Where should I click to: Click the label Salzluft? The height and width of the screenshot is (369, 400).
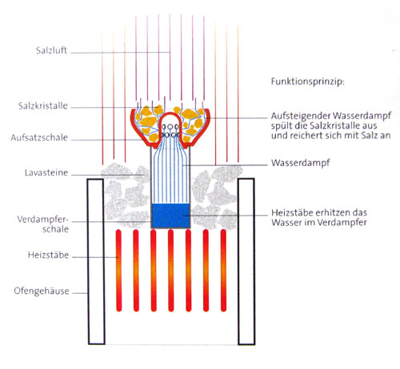pyautogui.click(x=51, y=50)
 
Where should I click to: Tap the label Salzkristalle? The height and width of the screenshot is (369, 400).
pyautogui.click(x=43, y=105)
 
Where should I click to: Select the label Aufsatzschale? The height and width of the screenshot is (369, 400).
pyautogui.click(x=39, y=137)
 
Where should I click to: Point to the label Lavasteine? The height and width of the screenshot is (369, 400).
pyautogui.click(x=46, y=173)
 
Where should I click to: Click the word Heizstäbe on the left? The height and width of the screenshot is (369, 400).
pyautogui.click(x=48, y=255)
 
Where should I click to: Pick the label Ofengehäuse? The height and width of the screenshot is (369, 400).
pyautogui.click(x=42, y=291)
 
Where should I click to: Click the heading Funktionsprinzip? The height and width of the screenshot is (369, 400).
pyautogui.click(x=308, y=81)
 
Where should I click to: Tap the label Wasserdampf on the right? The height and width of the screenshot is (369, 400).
pyautogui.click(x=301, y=163)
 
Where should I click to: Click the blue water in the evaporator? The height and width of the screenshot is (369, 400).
pyautogui.click(x=170, y=216)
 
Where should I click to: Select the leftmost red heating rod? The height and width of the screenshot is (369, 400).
pyautogui.click(x=118, y=271)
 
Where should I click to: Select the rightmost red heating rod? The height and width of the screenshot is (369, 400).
pyautogui.click(x=223, y=271)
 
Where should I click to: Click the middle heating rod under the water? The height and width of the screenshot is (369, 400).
pyautogui.click(x=171, y=271)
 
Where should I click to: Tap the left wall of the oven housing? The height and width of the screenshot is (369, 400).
pyautogui.click(x=96, y=261)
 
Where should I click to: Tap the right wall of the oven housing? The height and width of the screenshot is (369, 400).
pyautogui.click(x=246, y=261)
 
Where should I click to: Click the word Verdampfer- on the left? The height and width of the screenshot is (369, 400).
pyautogui.click(x=43, y=220)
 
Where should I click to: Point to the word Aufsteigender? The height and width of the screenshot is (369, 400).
pyautogui.click(x=301, y=116)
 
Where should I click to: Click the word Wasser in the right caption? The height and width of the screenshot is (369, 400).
pyautogui.click(x=283, y=222)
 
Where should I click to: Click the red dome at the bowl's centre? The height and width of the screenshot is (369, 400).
pyautogui.click(x=170, y=114)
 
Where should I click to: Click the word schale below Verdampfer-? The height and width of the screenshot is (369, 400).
pyautogui.click(x=55, y=229)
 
